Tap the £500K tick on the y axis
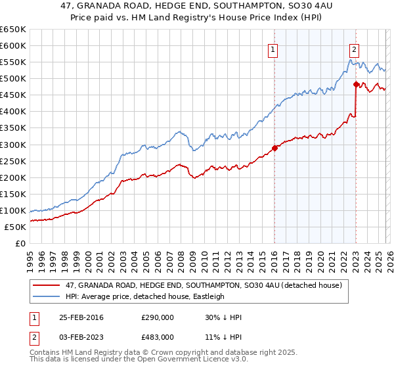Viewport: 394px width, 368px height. coord(13,79)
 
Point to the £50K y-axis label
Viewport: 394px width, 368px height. coord(15,227)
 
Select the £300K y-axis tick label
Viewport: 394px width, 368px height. coord(13,145)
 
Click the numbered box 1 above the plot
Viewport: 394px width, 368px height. coord(273,49)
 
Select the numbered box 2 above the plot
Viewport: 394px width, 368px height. coord(354,49)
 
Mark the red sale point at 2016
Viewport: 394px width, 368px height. coord(274,148)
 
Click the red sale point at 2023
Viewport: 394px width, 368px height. coord(355,84)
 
